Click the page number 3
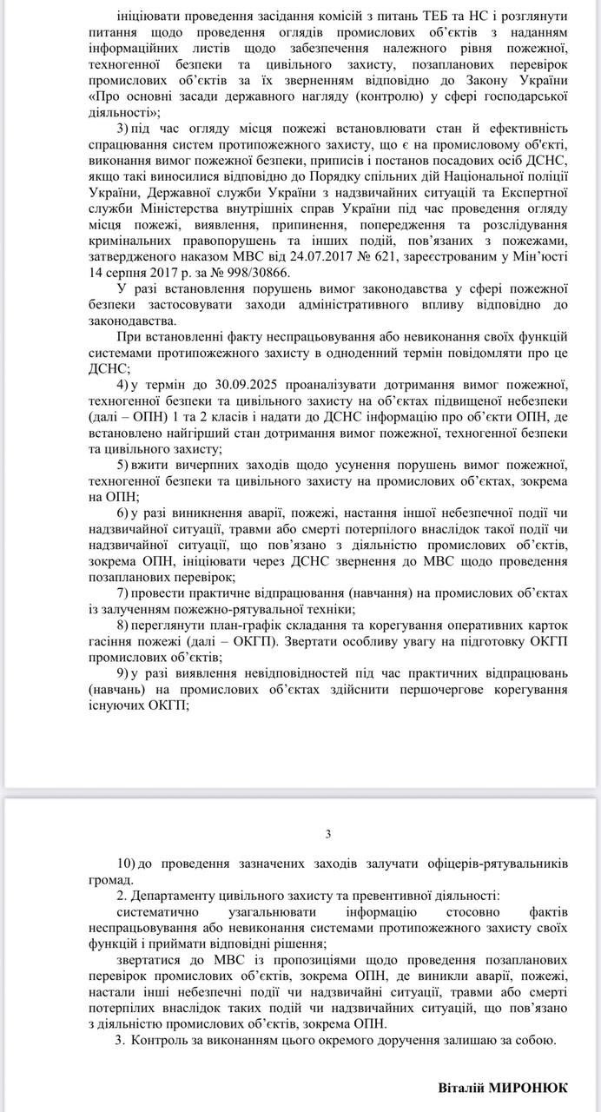tap(328, 834)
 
